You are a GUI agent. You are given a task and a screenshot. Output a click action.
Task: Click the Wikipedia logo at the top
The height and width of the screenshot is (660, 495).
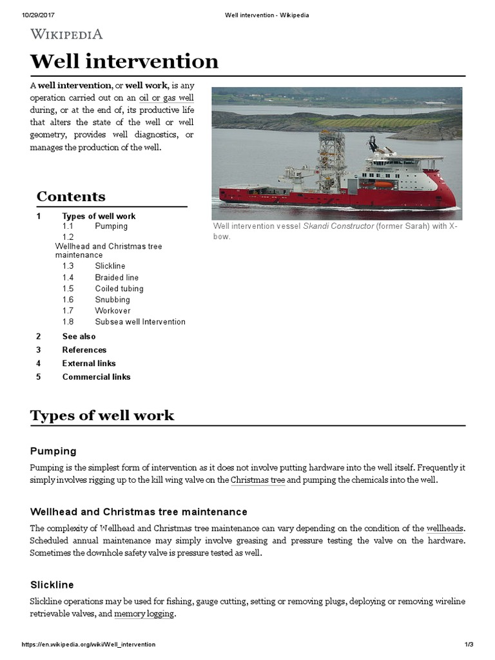(x=66, y=34)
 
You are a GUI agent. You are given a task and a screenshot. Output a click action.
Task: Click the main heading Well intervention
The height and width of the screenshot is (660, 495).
(x=124, y=61)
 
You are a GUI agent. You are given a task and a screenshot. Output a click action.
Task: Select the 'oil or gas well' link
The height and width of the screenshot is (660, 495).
(x=166, y=98)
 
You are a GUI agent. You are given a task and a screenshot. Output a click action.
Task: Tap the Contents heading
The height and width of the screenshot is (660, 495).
(x=71, y=197)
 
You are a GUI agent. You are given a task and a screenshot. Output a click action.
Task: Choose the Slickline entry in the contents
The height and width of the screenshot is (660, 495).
(x=110, y=266)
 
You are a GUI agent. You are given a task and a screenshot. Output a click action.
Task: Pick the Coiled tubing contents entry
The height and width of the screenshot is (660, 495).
(x=119, y=289)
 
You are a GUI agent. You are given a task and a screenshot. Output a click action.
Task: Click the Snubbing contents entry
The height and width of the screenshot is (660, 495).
(x=112, y=300)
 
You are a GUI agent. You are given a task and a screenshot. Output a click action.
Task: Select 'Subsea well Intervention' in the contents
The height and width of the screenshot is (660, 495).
(x=140, y=322)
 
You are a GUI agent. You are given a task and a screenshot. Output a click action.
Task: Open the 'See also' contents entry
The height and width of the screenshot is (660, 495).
(x=79, y=336)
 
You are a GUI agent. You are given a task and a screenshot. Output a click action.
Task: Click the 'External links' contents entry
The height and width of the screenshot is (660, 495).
(x=89, y=364)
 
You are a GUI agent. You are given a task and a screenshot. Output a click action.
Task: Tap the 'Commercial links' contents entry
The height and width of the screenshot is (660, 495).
(x=96, y=377)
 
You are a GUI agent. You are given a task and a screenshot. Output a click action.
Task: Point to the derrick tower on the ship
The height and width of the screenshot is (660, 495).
(x=331, y=158)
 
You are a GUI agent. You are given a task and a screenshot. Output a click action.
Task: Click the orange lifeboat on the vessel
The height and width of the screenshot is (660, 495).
(x=383, y=184)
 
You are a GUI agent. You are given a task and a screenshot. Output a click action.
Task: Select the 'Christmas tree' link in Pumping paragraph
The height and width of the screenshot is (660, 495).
(x=258, y=480)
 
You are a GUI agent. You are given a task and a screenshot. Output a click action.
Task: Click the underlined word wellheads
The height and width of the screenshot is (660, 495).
(x=445, y=529)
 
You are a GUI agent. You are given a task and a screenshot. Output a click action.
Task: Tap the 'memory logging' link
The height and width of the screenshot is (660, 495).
(x=144, y=614)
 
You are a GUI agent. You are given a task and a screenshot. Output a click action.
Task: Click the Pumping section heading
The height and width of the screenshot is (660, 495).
(x=53, y=451)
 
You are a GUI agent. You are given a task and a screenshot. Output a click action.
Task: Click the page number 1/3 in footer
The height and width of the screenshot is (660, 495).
(x=469, y=645)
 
